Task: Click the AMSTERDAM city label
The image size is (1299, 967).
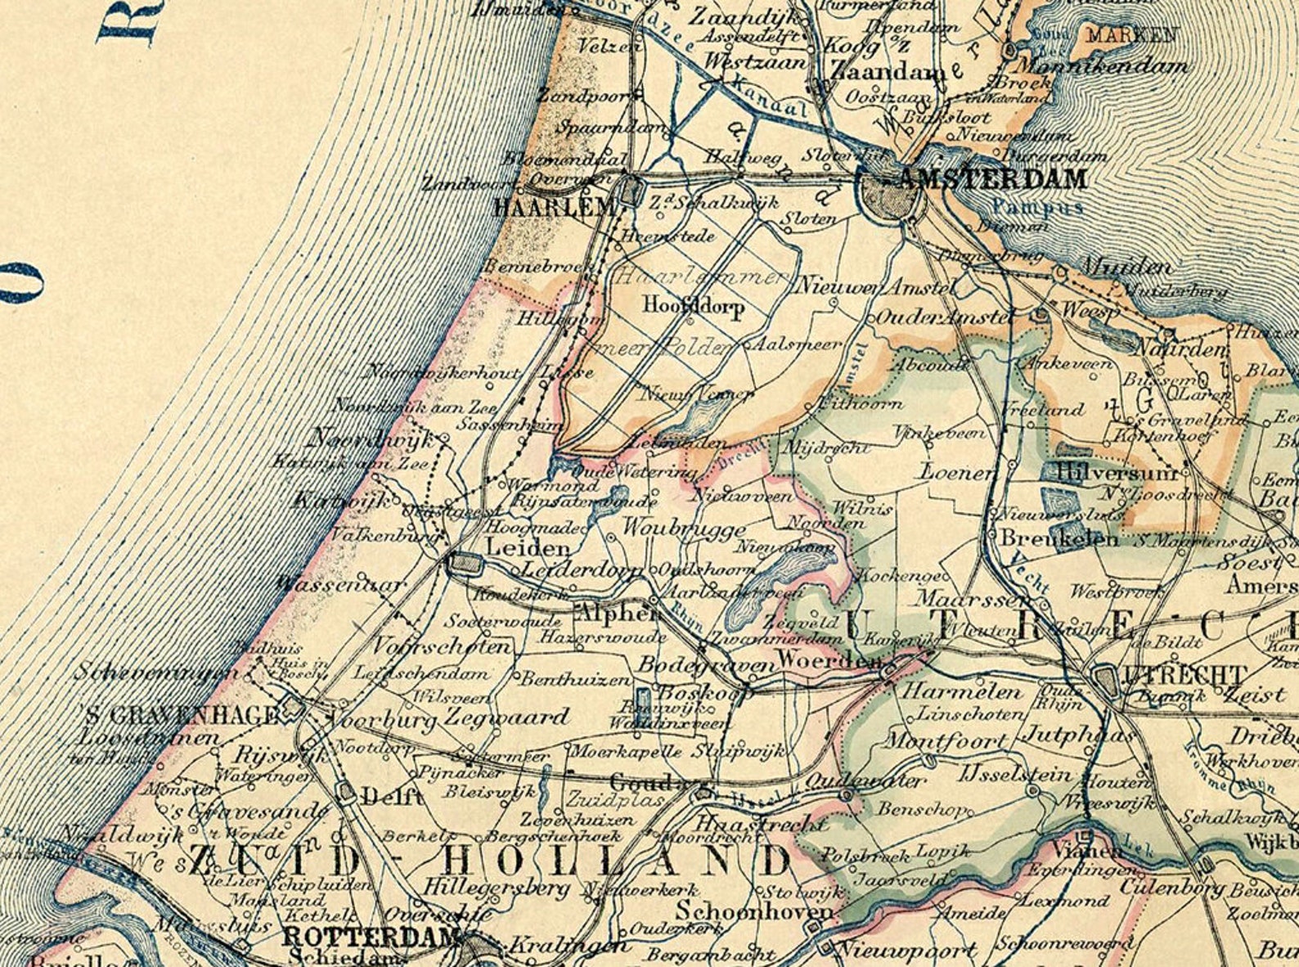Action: click(x=993, y=179)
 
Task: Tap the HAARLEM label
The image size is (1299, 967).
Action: click(x=554, y=208)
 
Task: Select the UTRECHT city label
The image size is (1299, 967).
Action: click(x=1186, y=676)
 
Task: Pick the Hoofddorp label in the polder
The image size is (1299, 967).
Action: click(x=694, y=307)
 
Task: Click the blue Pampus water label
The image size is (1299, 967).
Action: click(x=1037, y=207)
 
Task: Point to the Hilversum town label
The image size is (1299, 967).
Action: click(x=1117, y=472)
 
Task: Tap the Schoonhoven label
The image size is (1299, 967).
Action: click(x=754, y=911)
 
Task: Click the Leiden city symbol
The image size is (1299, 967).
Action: click(x=464, y=562)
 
